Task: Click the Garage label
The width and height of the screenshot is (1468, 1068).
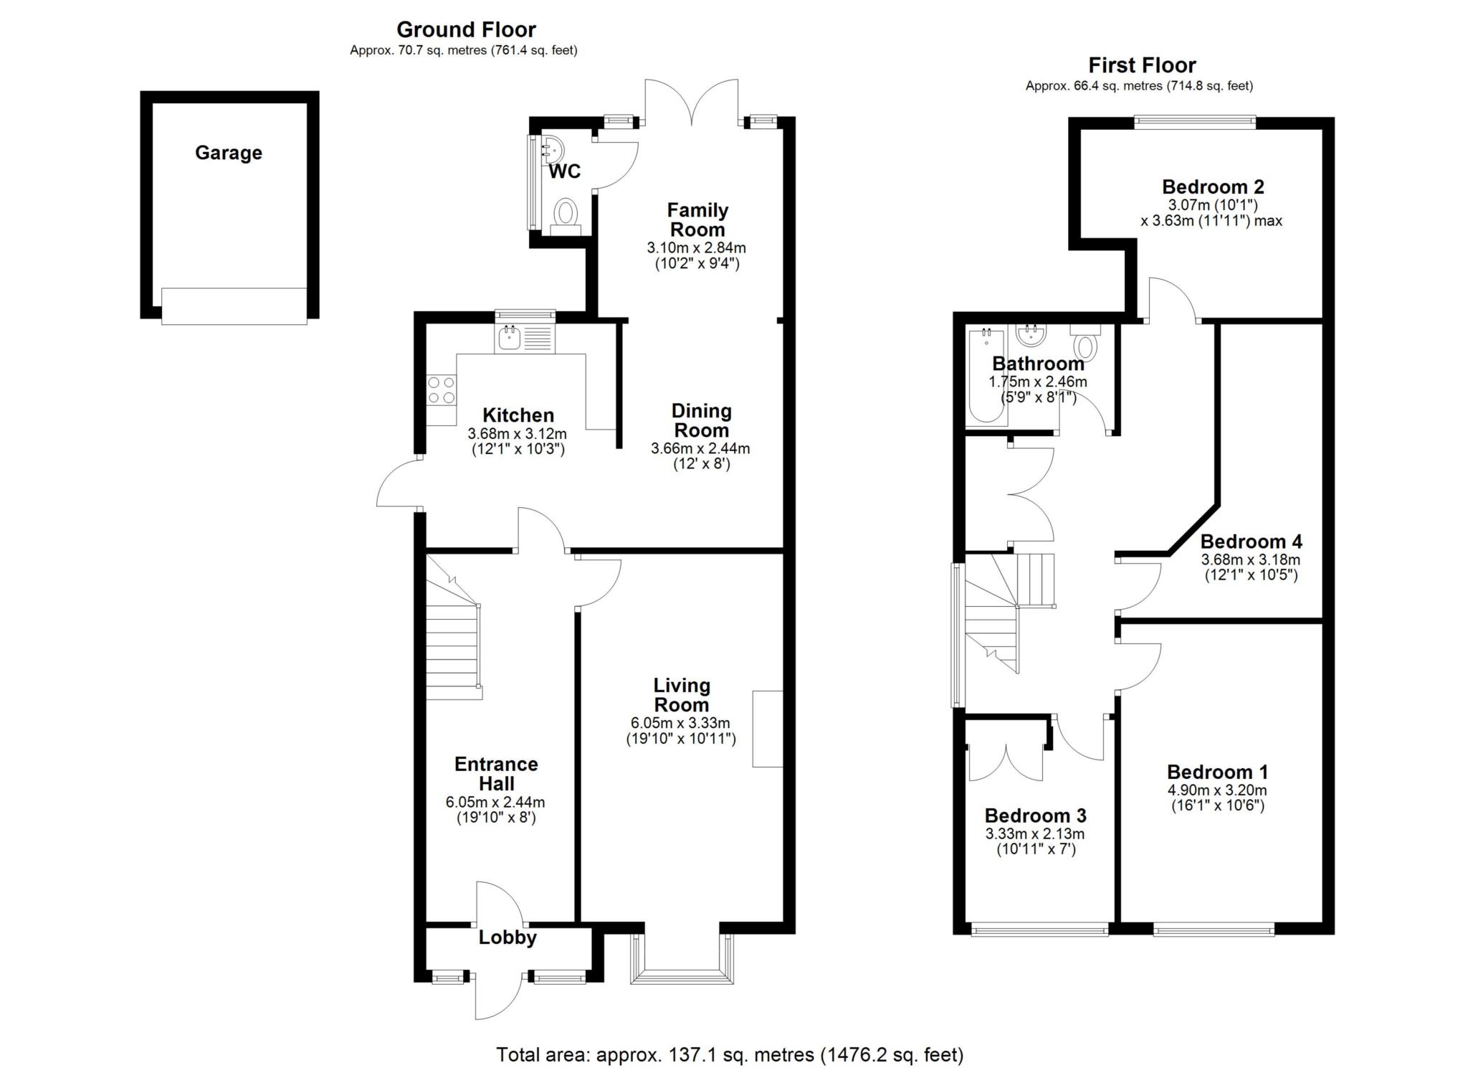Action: [229, 153]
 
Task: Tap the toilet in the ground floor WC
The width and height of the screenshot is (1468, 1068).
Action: [566, 216]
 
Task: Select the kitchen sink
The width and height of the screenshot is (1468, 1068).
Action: [525, 338]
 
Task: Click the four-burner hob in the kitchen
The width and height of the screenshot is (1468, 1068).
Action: [442, 391]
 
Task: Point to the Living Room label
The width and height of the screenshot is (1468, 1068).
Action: [681, 695]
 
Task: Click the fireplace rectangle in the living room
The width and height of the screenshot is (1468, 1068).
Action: [767, 729]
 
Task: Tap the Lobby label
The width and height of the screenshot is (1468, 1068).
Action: [507, 937]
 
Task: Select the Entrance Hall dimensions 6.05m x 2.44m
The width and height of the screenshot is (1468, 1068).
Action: [495, 802]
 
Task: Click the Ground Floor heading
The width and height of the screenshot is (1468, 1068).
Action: [466, 29]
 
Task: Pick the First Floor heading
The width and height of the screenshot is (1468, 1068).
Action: [1142, 65]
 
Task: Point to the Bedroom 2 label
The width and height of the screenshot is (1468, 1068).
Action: [1213, 187]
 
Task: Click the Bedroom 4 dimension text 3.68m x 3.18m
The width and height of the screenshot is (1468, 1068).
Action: [1251, 559]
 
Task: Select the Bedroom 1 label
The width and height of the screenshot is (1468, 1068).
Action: [1217, 772]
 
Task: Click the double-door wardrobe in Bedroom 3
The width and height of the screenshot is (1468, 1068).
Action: [1006, 762]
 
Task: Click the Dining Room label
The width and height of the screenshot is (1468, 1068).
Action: [701, 421]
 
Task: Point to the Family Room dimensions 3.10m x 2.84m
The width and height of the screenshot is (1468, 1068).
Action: [697, 248]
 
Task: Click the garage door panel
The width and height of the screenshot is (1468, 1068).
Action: [234, 306]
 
